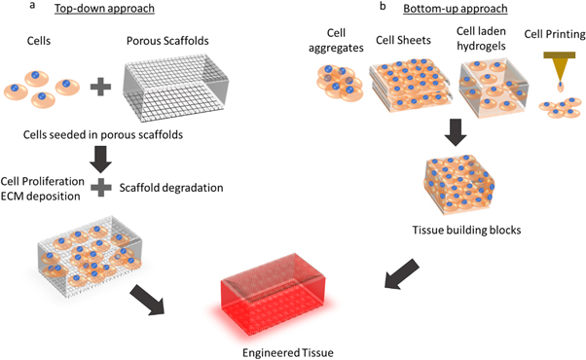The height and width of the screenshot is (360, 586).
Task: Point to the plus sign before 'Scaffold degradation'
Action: click(99, 187)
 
